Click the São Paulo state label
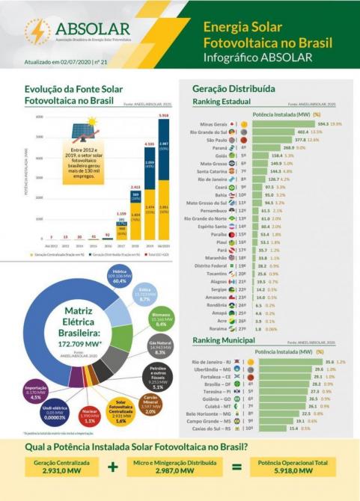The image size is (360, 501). pyautogui.click(x=213, y=140)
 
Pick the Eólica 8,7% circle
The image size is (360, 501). pyautogui.click(x=145, y=295)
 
